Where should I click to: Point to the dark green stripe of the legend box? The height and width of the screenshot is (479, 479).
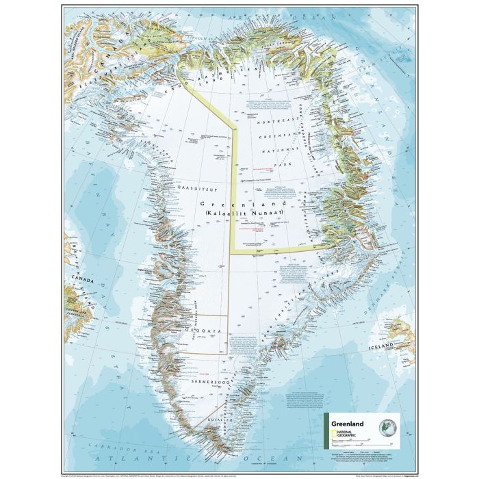(325, 430)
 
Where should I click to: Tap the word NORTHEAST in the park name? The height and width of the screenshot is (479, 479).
(274, 120)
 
